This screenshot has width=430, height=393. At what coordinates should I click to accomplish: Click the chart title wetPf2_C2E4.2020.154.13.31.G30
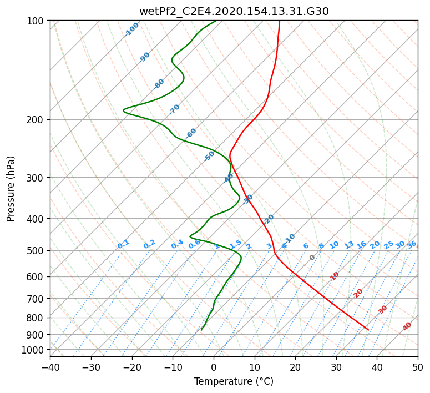tap(234, 11)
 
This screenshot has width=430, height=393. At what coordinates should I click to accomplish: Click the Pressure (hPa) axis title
tap(11, 189)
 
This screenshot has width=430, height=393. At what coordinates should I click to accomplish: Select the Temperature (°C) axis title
tap(234, 382)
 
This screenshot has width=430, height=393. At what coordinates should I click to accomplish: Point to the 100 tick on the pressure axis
tap(38, 21)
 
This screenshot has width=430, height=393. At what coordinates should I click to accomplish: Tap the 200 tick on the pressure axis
tap(38, 119)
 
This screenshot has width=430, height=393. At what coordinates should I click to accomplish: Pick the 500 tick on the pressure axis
tap(38, 250)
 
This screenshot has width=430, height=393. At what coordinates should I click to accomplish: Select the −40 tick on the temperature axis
tap(50, 367)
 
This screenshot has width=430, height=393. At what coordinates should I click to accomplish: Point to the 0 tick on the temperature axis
tap(214, 367)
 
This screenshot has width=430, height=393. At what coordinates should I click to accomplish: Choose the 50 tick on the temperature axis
tap(418, 367)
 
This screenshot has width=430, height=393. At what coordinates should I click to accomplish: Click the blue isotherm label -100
tap(131, 29)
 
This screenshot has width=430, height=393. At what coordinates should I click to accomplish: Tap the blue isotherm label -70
tap(174, 109)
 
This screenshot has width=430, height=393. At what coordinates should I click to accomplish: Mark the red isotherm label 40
tap(407, 326)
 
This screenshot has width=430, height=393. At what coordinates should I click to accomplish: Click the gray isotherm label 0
tap(312, 258)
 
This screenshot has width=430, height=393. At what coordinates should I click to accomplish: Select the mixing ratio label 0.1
tap(123, 244)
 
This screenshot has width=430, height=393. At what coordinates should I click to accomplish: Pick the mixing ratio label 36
tap(412, 244)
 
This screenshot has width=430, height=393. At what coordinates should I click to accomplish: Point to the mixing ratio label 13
tap(349, 245)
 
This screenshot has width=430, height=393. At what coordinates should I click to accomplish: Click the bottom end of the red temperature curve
tap(368, 330)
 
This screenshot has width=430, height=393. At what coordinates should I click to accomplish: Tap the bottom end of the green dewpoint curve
tap(201, 330)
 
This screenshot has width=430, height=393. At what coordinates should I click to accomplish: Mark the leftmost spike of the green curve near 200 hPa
tap(124, 110)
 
